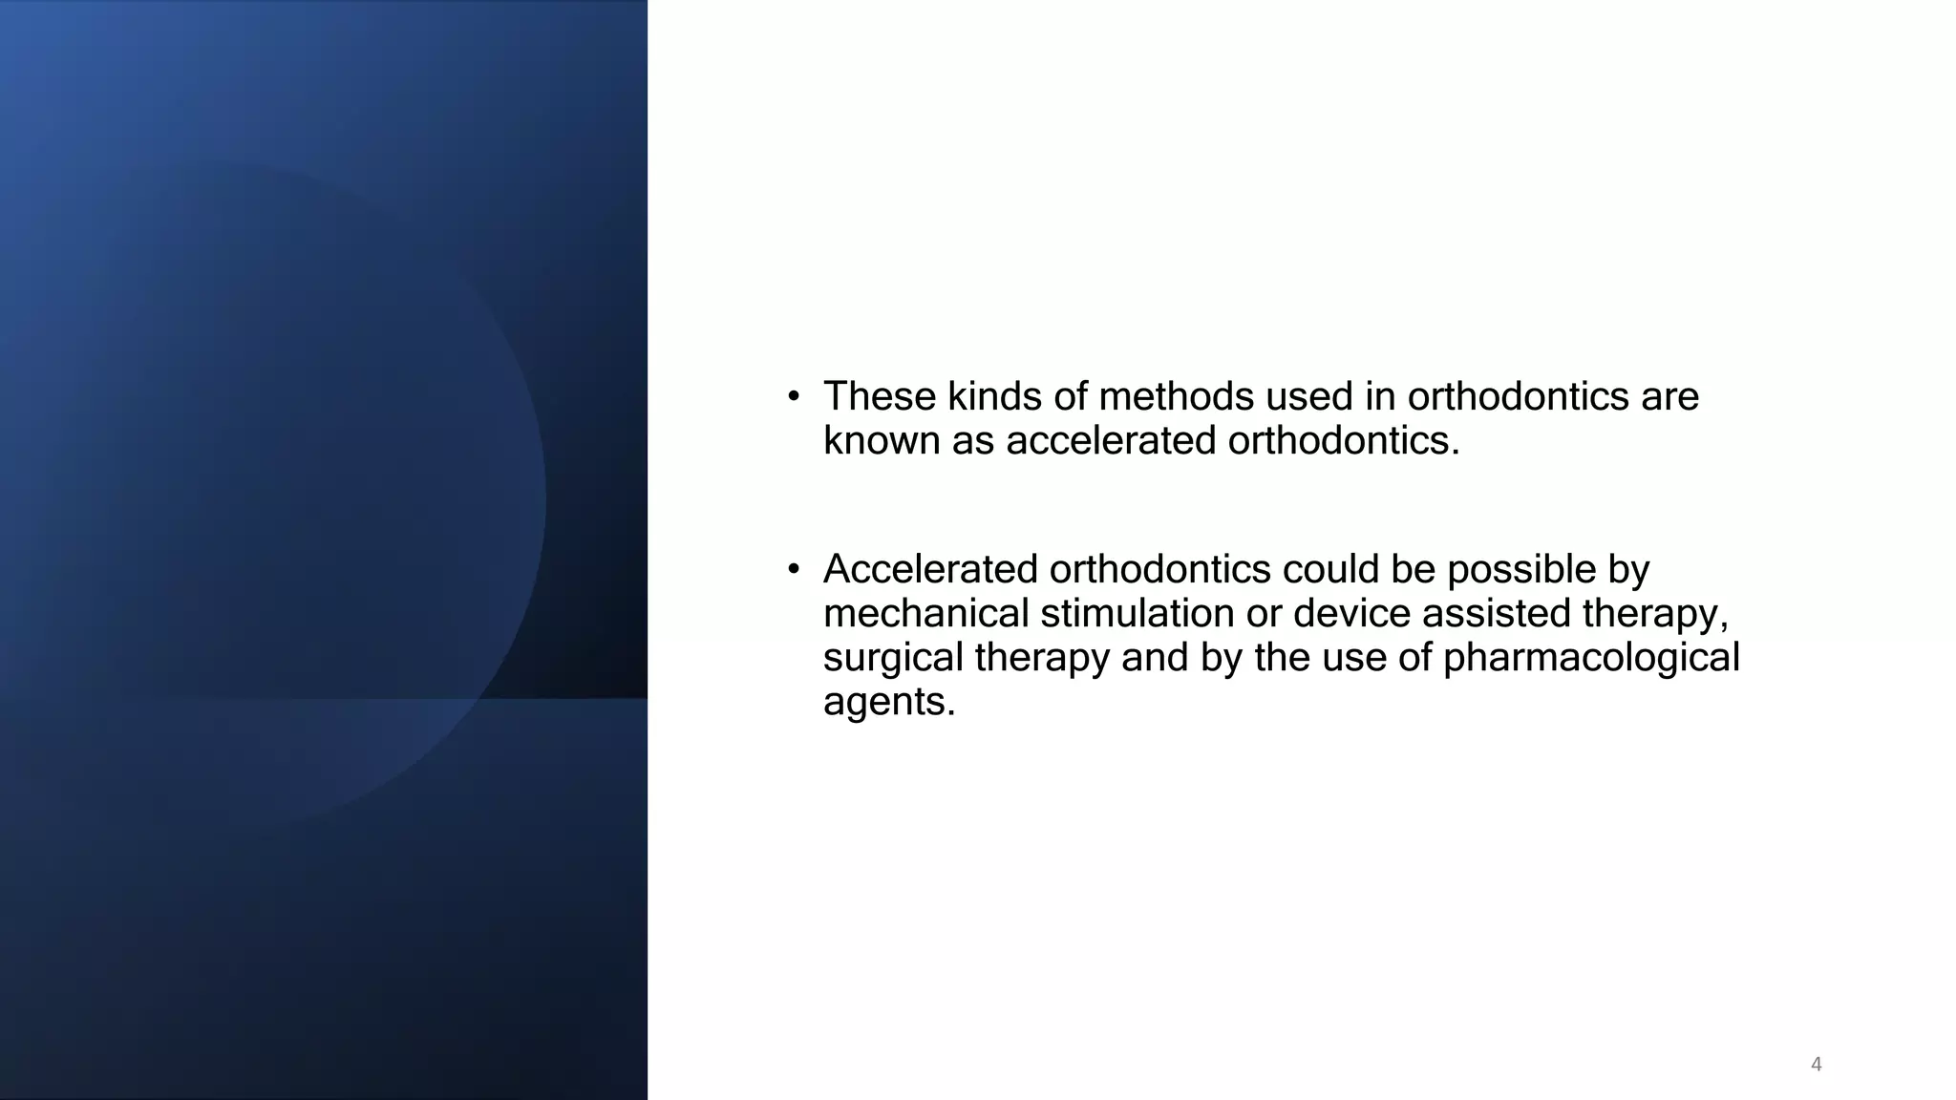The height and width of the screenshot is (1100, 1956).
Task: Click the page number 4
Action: pos(1816,1064)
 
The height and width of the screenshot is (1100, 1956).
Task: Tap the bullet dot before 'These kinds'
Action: pos(793,397)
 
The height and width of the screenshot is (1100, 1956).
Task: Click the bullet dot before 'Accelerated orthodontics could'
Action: pos(793,570)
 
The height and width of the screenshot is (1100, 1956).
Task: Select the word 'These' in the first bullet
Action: pos(879,396)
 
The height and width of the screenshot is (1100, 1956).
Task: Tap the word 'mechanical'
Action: pos(925,613)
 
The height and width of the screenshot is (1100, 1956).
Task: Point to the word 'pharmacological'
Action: pos(1591,658)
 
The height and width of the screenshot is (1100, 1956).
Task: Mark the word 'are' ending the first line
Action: pos(1670,396)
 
